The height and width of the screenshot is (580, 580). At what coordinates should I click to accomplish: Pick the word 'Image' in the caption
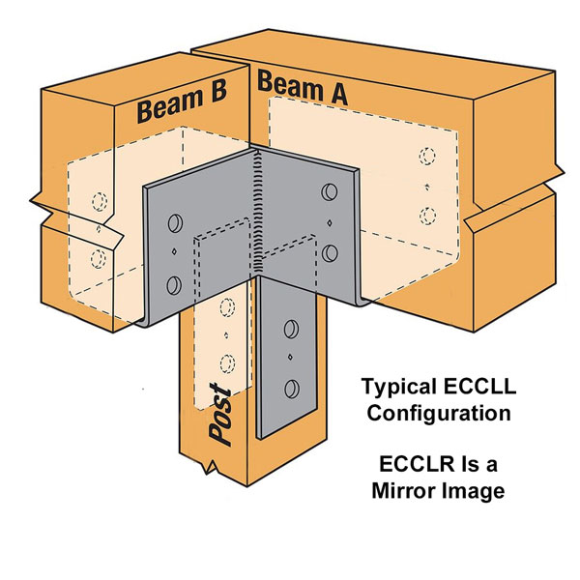pos(474,490)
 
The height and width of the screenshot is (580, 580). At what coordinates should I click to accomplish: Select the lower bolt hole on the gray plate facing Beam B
pos(174,284)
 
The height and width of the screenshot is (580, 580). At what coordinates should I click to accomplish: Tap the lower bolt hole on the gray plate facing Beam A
pos(331,252)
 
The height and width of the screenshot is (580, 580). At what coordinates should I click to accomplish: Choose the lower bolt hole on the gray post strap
pos(289,389)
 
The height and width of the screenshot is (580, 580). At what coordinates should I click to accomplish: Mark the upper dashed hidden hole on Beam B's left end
pos(96,201)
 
